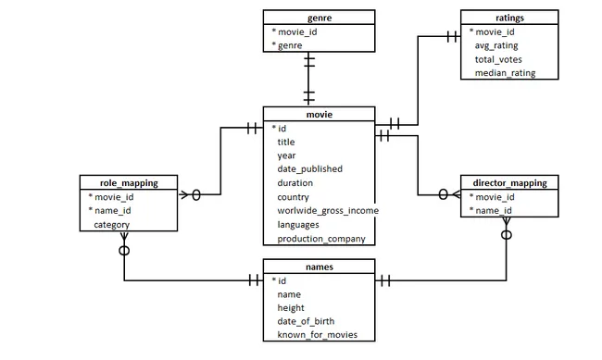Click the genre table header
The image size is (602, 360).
click(319, 17)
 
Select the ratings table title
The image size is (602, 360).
click(509, 17)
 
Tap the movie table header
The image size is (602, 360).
click(319, 114)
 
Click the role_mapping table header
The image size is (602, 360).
click(129, 182)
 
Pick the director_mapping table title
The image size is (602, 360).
click(509, 182)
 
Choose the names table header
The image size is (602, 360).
click(319, 267)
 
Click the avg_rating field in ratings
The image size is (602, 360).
click(496, 44)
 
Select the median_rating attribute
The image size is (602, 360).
click(505, 72)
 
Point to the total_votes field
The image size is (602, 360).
click(498, 58)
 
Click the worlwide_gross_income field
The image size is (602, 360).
click(328, 211)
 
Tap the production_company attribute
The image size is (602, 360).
click(321, 239)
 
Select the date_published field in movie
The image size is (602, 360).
click(309, 169)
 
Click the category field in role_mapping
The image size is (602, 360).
click(111, 224)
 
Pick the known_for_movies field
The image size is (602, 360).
click(317, 335)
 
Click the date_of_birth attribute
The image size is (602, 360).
click(306, 321)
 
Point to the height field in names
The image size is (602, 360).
click(290, 307)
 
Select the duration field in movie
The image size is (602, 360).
click(295, 183)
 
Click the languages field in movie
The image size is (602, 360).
click(298, 225)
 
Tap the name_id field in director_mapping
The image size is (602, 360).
click(495, 210)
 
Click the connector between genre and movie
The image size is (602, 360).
click(309, 79)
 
